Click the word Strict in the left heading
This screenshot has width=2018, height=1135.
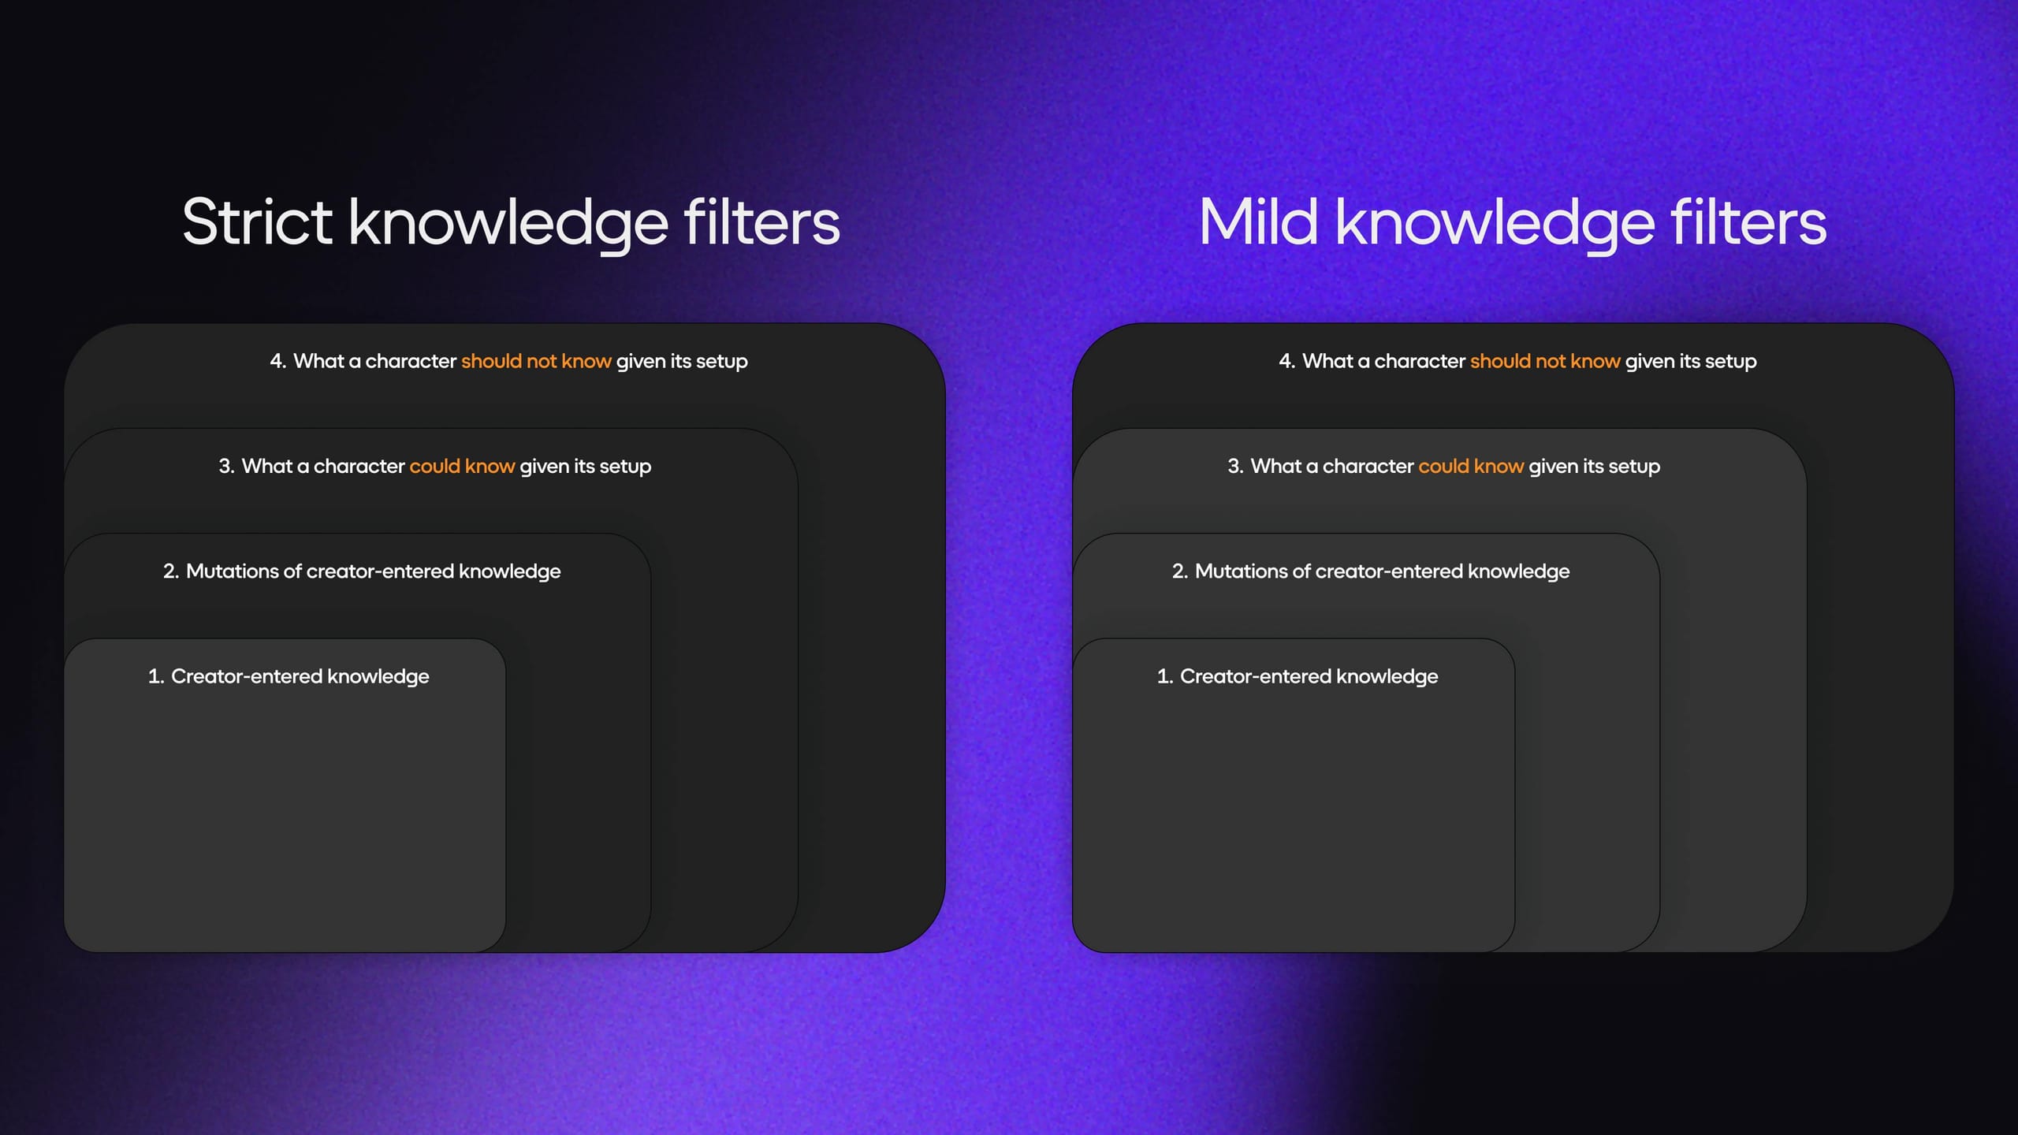coord(258,221)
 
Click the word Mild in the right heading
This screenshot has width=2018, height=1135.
coord(1258,221)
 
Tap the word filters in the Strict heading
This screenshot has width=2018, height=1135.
coord(761,221)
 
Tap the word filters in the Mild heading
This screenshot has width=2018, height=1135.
coord(1748,221)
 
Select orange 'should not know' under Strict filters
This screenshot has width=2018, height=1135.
coord(536,361)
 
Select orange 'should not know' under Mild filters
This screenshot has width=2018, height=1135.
coord(1545,361)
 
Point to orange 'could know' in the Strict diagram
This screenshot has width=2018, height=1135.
coord(462,466)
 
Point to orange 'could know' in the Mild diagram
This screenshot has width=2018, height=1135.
coord(1471,466)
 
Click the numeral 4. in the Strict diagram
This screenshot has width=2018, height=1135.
coord(278,361)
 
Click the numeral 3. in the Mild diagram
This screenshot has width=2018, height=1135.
coord(1236,466)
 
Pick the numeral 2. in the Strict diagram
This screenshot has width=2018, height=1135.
coord(171,571)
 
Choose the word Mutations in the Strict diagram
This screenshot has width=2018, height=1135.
coord(233,571)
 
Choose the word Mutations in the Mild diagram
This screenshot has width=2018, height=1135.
coord(1242,571)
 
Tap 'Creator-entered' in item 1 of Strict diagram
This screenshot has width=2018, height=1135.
coord(247,676)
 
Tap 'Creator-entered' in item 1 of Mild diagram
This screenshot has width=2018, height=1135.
coord(1256,676)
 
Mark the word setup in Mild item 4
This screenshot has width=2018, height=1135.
coord(1730,362)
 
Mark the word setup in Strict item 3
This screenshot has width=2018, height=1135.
coord(625,467)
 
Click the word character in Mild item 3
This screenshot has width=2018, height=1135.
coord(1368,466)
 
